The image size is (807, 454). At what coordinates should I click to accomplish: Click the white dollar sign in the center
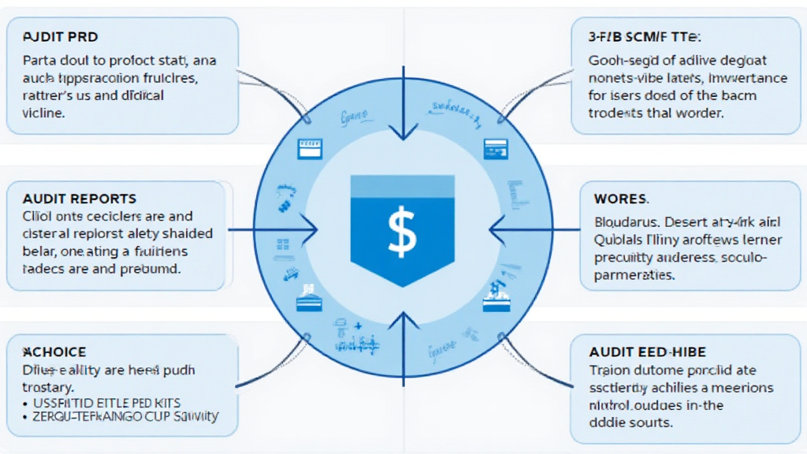pos(403,230)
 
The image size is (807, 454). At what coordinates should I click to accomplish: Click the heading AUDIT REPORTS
pos(80,199)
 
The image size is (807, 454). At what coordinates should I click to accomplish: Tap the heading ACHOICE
pos(55,352)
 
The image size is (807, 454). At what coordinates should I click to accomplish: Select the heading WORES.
pos(620,199)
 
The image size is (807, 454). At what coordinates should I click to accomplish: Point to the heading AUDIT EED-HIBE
pos(647,352)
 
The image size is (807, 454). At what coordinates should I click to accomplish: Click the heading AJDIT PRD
pos(61,37)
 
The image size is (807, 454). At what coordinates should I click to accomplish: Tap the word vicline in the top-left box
pos(43,113)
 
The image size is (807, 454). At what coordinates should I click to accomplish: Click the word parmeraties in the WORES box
pos(634,275)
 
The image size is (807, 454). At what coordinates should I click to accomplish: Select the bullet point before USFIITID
pos(26,402)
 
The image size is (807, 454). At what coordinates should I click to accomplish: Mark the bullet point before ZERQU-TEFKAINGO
pos(26,416)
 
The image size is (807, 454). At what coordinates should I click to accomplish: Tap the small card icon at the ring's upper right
pos(495,146)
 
